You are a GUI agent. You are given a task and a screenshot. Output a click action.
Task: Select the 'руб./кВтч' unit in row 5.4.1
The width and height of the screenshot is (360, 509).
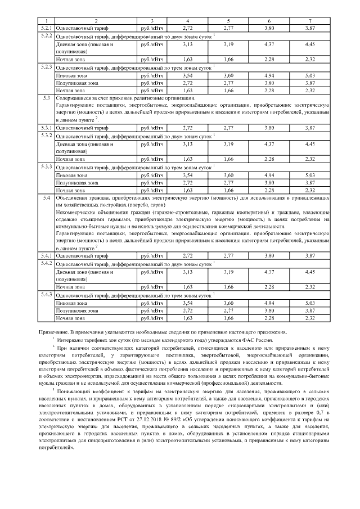pos(152,255)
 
